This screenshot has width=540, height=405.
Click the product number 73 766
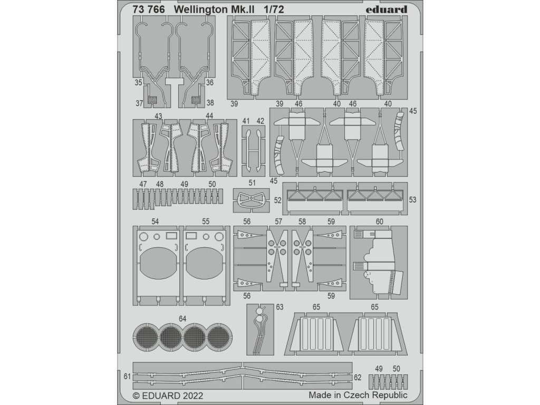[150, 9]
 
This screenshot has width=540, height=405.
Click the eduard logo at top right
[387, 9]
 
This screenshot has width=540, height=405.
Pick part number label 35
[138, 83]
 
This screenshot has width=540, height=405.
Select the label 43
[158, 115]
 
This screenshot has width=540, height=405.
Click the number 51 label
[252, 184]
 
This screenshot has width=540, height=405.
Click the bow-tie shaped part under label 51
[252, 200]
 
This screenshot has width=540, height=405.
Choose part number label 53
[412, 200]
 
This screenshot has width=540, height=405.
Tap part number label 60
[379, 221]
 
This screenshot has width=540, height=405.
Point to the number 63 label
[279, 306]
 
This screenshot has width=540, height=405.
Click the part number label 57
[278, 221]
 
